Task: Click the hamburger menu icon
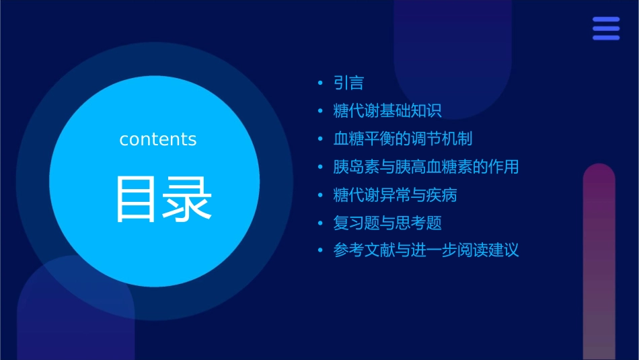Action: (605, 28)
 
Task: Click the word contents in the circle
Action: (158, 139)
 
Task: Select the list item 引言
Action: (348, 83)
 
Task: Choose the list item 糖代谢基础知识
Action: (387, 111)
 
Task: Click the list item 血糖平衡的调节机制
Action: (403, 139)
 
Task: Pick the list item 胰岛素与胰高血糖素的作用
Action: (426, 167)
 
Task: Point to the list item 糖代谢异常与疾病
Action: (396, 195)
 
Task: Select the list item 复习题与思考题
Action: (387, 223)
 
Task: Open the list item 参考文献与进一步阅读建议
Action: (426, 250)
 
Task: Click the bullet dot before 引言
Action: (320, 83)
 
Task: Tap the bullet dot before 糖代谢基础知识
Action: (320, 111)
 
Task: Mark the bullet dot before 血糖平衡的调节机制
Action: (320, 139)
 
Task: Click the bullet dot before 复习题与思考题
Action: (320, 223)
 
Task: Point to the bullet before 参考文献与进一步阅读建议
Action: (320, 251)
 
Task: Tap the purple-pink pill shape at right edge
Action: (599, 262)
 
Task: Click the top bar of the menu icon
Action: (605, 20)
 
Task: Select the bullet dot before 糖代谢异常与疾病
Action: (320, 195)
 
